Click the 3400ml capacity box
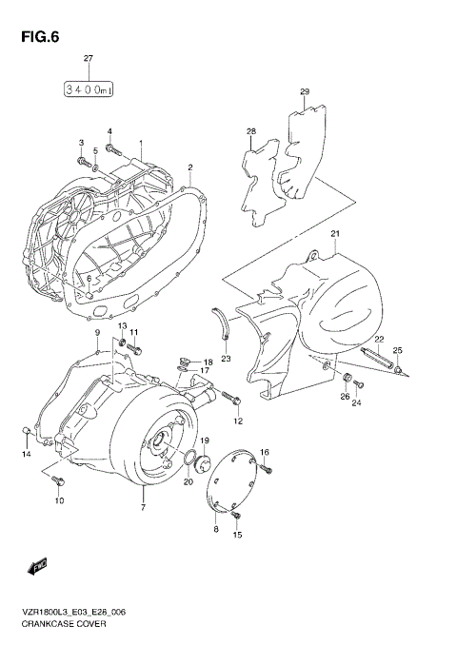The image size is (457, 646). click(x=89, y=89)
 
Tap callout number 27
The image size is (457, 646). click(x=89, y=60)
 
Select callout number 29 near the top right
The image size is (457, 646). click(x=305, y=92)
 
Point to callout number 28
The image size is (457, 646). click(x=251, y=131)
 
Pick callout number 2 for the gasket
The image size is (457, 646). click(x=190, y=167)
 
